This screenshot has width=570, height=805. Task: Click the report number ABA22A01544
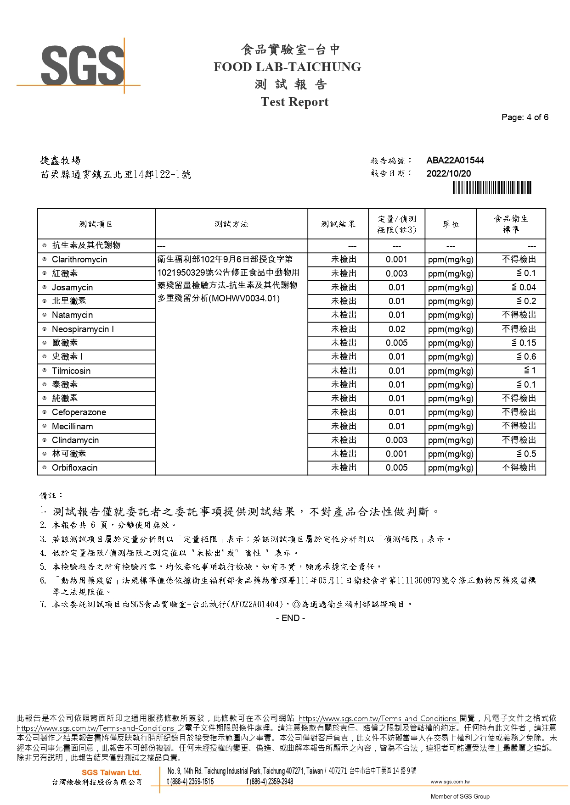(x=455, y=160)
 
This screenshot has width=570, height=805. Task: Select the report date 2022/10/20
(x=448, y=173)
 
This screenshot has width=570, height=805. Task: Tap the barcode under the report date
(x=491, y=188)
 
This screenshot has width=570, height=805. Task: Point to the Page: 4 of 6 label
(x=525, y=117)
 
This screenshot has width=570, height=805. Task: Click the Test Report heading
(x=294, y=102)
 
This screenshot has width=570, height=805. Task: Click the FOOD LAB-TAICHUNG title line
(x=287, y=67)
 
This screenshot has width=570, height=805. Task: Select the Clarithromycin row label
(x=79, y=260)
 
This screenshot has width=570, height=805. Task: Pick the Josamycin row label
(x=72, y=288)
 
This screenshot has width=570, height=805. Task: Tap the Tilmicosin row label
(x=71, y=371)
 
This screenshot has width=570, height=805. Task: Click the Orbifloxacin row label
(x=74, y=468)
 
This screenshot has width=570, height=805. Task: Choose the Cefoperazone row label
(x=79, y=412)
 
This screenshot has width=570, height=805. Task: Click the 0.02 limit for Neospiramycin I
(x=396, y=329)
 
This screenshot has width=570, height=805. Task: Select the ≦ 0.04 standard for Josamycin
(x=524, y=287)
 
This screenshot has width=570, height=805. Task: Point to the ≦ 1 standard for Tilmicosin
(x=530, y=371)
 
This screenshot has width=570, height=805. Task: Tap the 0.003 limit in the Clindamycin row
(x=396, y=440)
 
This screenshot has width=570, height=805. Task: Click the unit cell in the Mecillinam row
(x=450, y=426)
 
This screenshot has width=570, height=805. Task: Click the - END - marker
(x=290, y=618)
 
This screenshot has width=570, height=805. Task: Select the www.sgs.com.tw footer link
(x=450, y=782)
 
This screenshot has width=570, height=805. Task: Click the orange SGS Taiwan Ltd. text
(x=111, y=772)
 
